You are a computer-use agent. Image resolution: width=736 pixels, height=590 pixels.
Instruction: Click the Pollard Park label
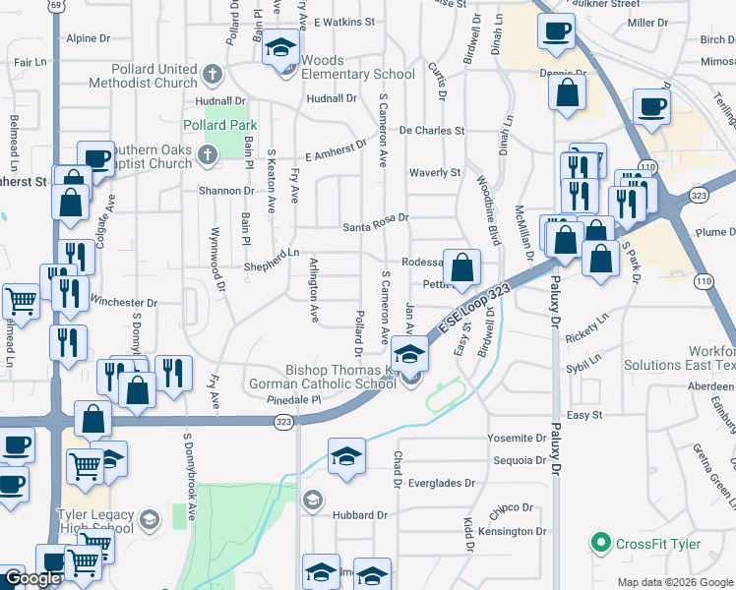(220, 125)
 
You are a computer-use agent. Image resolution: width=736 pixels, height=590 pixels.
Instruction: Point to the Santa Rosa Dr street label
(375, 227)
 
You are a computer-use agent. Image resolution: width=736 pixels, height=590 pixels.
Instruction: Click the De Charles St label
(432, 131)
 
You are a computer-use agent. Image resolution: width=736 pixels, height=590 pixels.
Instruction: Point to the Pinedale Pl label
(294, 401)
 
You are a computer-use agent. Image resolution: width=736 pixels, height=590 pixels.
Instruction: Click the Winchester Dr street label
(124, 303)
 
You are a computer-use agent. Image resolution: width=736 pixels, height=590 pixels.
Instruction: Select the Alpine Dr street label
(89, 38)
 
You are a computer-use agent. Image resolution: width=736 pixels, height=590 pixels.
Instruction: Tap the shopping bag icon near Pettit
(461, 266)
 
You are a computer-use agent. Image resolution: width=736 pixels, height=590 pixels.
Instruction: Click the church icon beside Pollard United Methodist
(212, 75)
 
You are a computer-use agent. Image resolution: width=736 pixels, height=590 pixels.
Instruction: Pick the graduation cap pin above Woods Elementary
(279, 46)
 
